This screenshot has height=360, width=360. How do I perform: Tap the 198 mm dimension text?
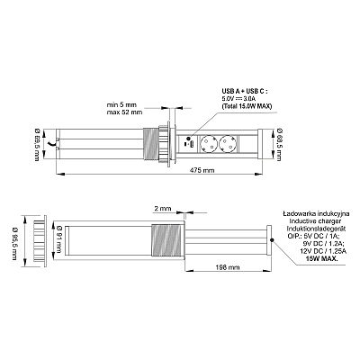[228, 266]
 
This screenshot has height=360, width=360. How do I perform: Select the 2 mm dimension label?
[163, 208]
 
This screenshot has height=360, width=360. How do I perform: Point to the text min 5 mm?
[121, 105]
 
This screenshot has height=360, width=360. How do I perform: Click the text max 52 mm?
[124, 112]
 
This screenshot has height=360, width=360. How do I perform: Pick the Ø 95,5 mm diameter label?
[14, 243]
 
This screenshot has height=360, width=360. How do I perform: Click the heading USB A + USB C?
[244, 91]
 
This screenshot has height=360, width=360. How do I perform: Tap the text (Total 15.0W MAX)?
[247, 106]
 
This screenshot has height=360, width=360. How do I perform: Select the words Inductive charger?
[315, 221]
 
